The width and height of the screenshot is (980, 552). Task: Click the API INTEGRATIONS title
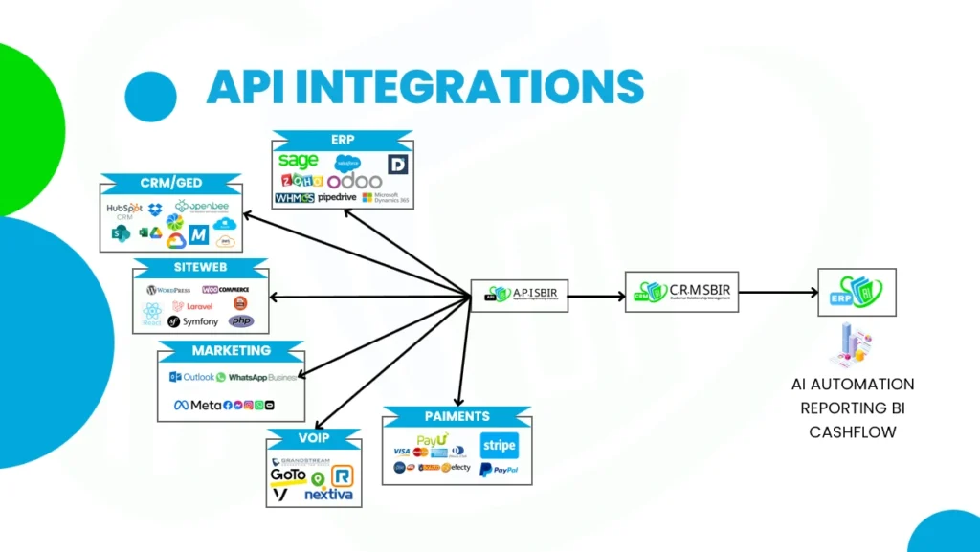pyautogui.click(x=425, y=87)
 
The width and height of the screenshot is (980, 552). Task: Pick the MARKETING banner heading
pyautogui.click(x=231, y=350)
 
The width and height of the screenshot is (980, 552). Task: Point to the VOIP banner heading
pyautogui.click(x=314, y=438)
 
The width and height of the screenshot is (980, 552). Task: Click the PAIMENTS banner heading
pyautogui.click(x=457, y=417)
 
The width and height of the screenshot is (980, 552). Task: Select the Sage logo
pyautogui.click(x=298, y=161)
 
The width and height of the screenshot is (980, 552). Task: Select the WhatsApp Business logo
pyautogui.click(x=257, y=378)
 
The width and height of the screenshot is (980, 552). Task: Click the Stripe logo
pyautogui.click(x=499, y=446)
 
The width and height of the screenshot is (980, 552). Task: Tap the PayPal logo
pyautogui.click(x=498, y=470)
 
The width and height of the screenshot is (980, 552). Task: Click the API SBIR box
pyautogui.click(x=520, y=297)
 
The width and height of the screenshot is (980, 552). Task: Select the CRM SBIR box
pyautogui.click(x=682, y=292)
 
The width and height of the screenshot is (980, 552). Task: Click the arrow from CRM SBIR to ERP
pyautogui.click(x=778, y=293)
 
